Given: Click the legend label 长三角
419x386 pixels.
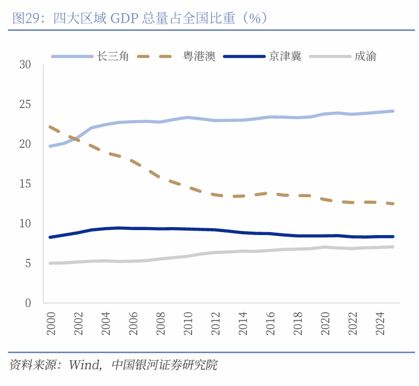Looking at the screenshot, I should click(113, 56).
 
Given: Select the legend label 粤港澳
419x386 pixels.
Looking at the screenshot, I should click(199, 56).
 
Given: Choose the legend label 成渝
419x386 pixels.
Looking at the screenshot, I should click(365, 56).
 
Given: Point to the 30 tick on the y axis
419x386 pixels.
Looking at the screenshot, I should click(25, 65).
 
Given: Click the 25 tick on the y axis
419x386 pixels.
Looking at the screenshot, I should click(25, 105).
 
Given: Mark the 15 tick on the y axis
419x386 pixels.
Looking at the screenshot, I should click(25, 184).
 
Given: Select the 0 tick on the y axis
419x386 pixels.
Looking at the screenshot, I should click(28, 302).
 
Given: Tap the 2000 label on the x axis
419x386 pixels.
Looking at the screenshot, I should click(51, 323).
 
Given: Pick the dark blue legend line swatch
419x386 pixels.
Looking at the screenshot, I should click(244, 56).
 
